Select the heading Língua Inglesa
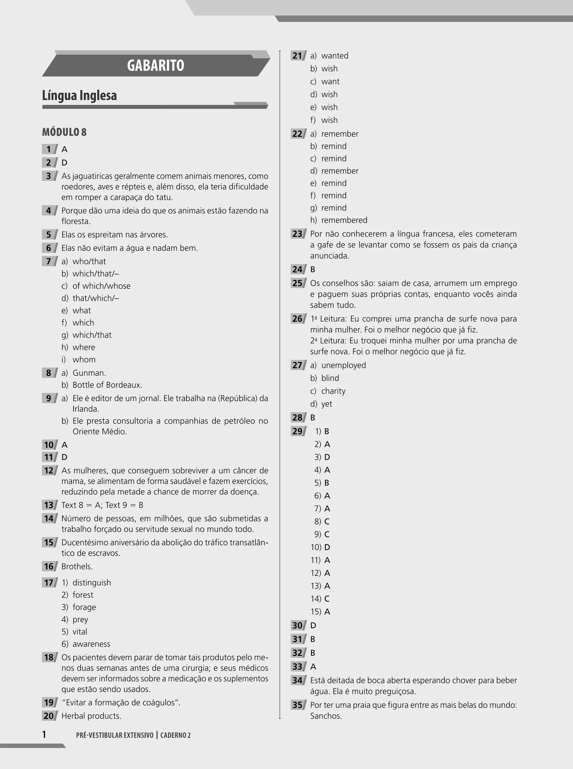(x=79, y=95)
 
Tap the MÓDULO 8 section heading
(x=64, y=132)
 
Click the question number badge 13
(x=49, y=505)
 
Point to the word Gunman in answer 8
(x=89, y=373)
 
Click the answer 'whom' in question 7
(x=84, y=359)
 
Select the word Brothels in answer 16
(x=77, y=566)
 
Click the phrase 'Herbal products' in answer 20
(x=91, y=716)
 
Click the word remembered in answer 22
(x=344, y=220)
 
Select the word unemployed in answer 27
(x=343, y=365)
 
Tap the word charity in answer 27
(x=333, y=391)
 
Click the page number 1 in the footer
(x=44, y=735)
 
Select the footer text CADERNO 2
(x=175, y=735)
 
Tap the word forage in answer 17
(x=84, y=607)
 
